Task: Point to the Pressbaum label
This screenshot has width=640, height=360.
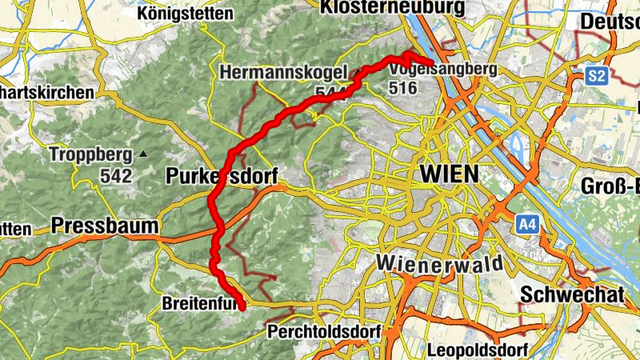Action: pyautogui.click(x=105, y=226)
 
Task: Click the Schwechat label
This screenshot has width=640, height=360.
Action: pyautogui.click(x=571, y=294)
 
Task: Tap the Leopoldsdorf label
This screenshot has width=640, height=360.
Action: pyautogui.click(x=478, y=350)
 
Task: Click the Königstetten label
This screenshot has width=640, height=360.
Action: pyautogui.click(x=185, y=13)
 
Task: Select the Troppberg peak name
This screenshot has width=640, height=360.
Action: pyautogui.click(x=90, y=154)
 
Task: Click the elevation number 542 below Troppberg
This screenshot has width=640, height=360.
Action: pyautogui.click(x=115, y=173)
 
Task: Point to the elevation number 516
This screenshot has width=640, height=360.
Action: pyautogui.click(x=403, y=88)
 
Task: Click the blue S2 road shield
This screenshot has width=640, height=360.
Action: pyautogui.click(x=596, y=76)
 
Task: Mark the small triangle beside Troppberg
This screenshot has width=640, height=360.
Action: pyautogui.click(x=142, y=153)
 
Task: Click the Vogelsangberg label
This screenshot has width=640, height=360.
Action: pyautogui.click(x=442, y=70)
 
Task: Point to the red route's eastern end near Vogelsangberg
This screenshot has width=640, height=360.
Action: pyautogui.click(x=431, y=63)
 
